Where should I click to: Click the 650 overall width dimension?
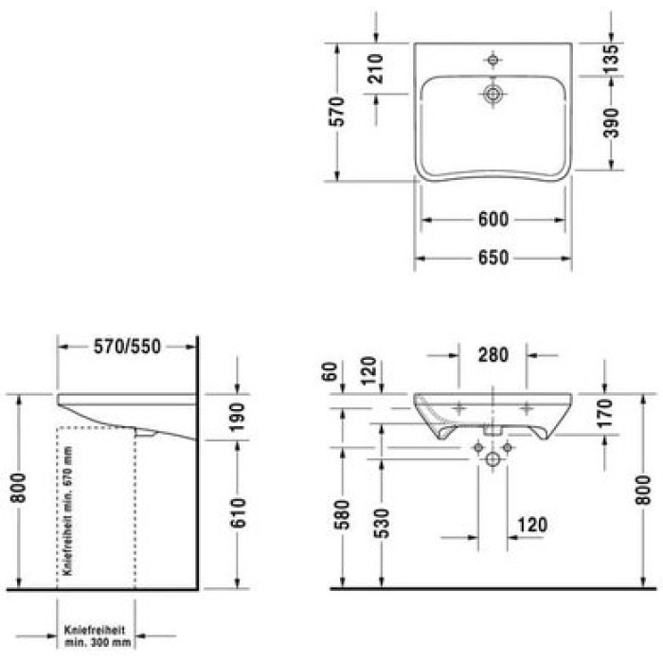(493, 258)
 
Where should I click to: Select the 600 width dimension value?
(493, 220)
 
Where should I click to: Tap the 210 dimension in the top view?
(375, 70)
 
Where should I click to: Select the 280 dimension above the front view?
(493, 356)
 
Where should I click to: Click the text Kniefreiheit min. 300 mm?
(96, 635)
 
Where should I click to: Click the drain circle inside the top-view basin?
(493, 94)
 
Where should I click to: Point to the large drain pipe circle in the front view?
(493, 460)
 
